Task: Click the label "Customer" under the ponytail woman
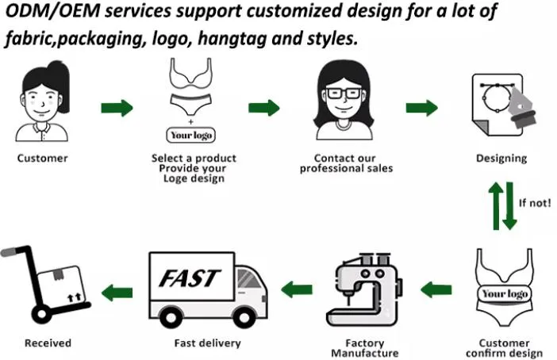click(42, 158)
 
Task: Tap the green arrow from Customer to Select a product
click(117, 108)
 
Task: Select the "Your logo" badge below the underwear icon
click(191, 136)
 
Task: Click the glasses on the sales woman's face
click(344, 94)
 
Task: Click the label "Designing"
click(501, 158)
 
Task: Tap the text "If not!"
click(535, 203)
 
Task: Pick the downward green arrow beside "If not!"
click(509, 205)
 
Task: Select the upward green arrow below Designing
click(496, 205)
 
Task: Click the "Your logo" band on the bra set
click(505, 293)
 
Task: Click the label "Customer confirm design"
click(504, 348)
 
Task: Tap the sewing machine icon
click(364, 289)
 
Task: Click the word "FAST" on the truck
click(190, 278)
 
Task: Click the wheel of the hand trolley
click(41, 314)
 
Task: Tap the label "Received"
click(48, 343)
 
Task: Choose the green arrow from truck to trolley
click(117, 293)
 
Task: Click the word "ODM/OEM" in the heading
click(53, 11)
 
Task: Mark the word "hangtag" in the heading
click(232, 38)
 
